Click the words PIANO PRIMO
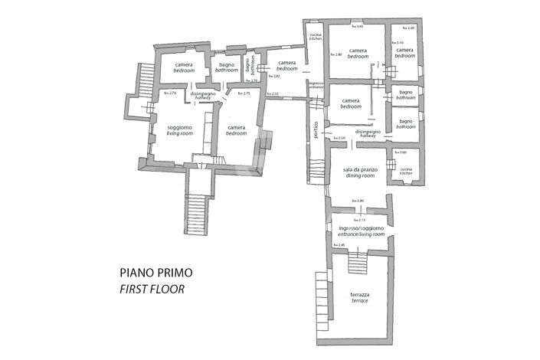pyautogui.click(x=155, y=272)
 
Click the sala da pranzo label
pyautogui.click(x=358, y=173)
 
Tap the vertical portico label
pyautogui.click(x=315, y=132)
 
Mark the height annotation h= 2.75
pyautogui.click(x=244, y=93)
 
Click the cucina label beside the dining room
pyautogui.click(x=405, y=171)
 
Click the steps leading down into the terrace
pyautogui.click(x=358, y=264)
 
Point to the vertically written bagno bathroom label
pyautogui.click(x=249, y=67)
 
